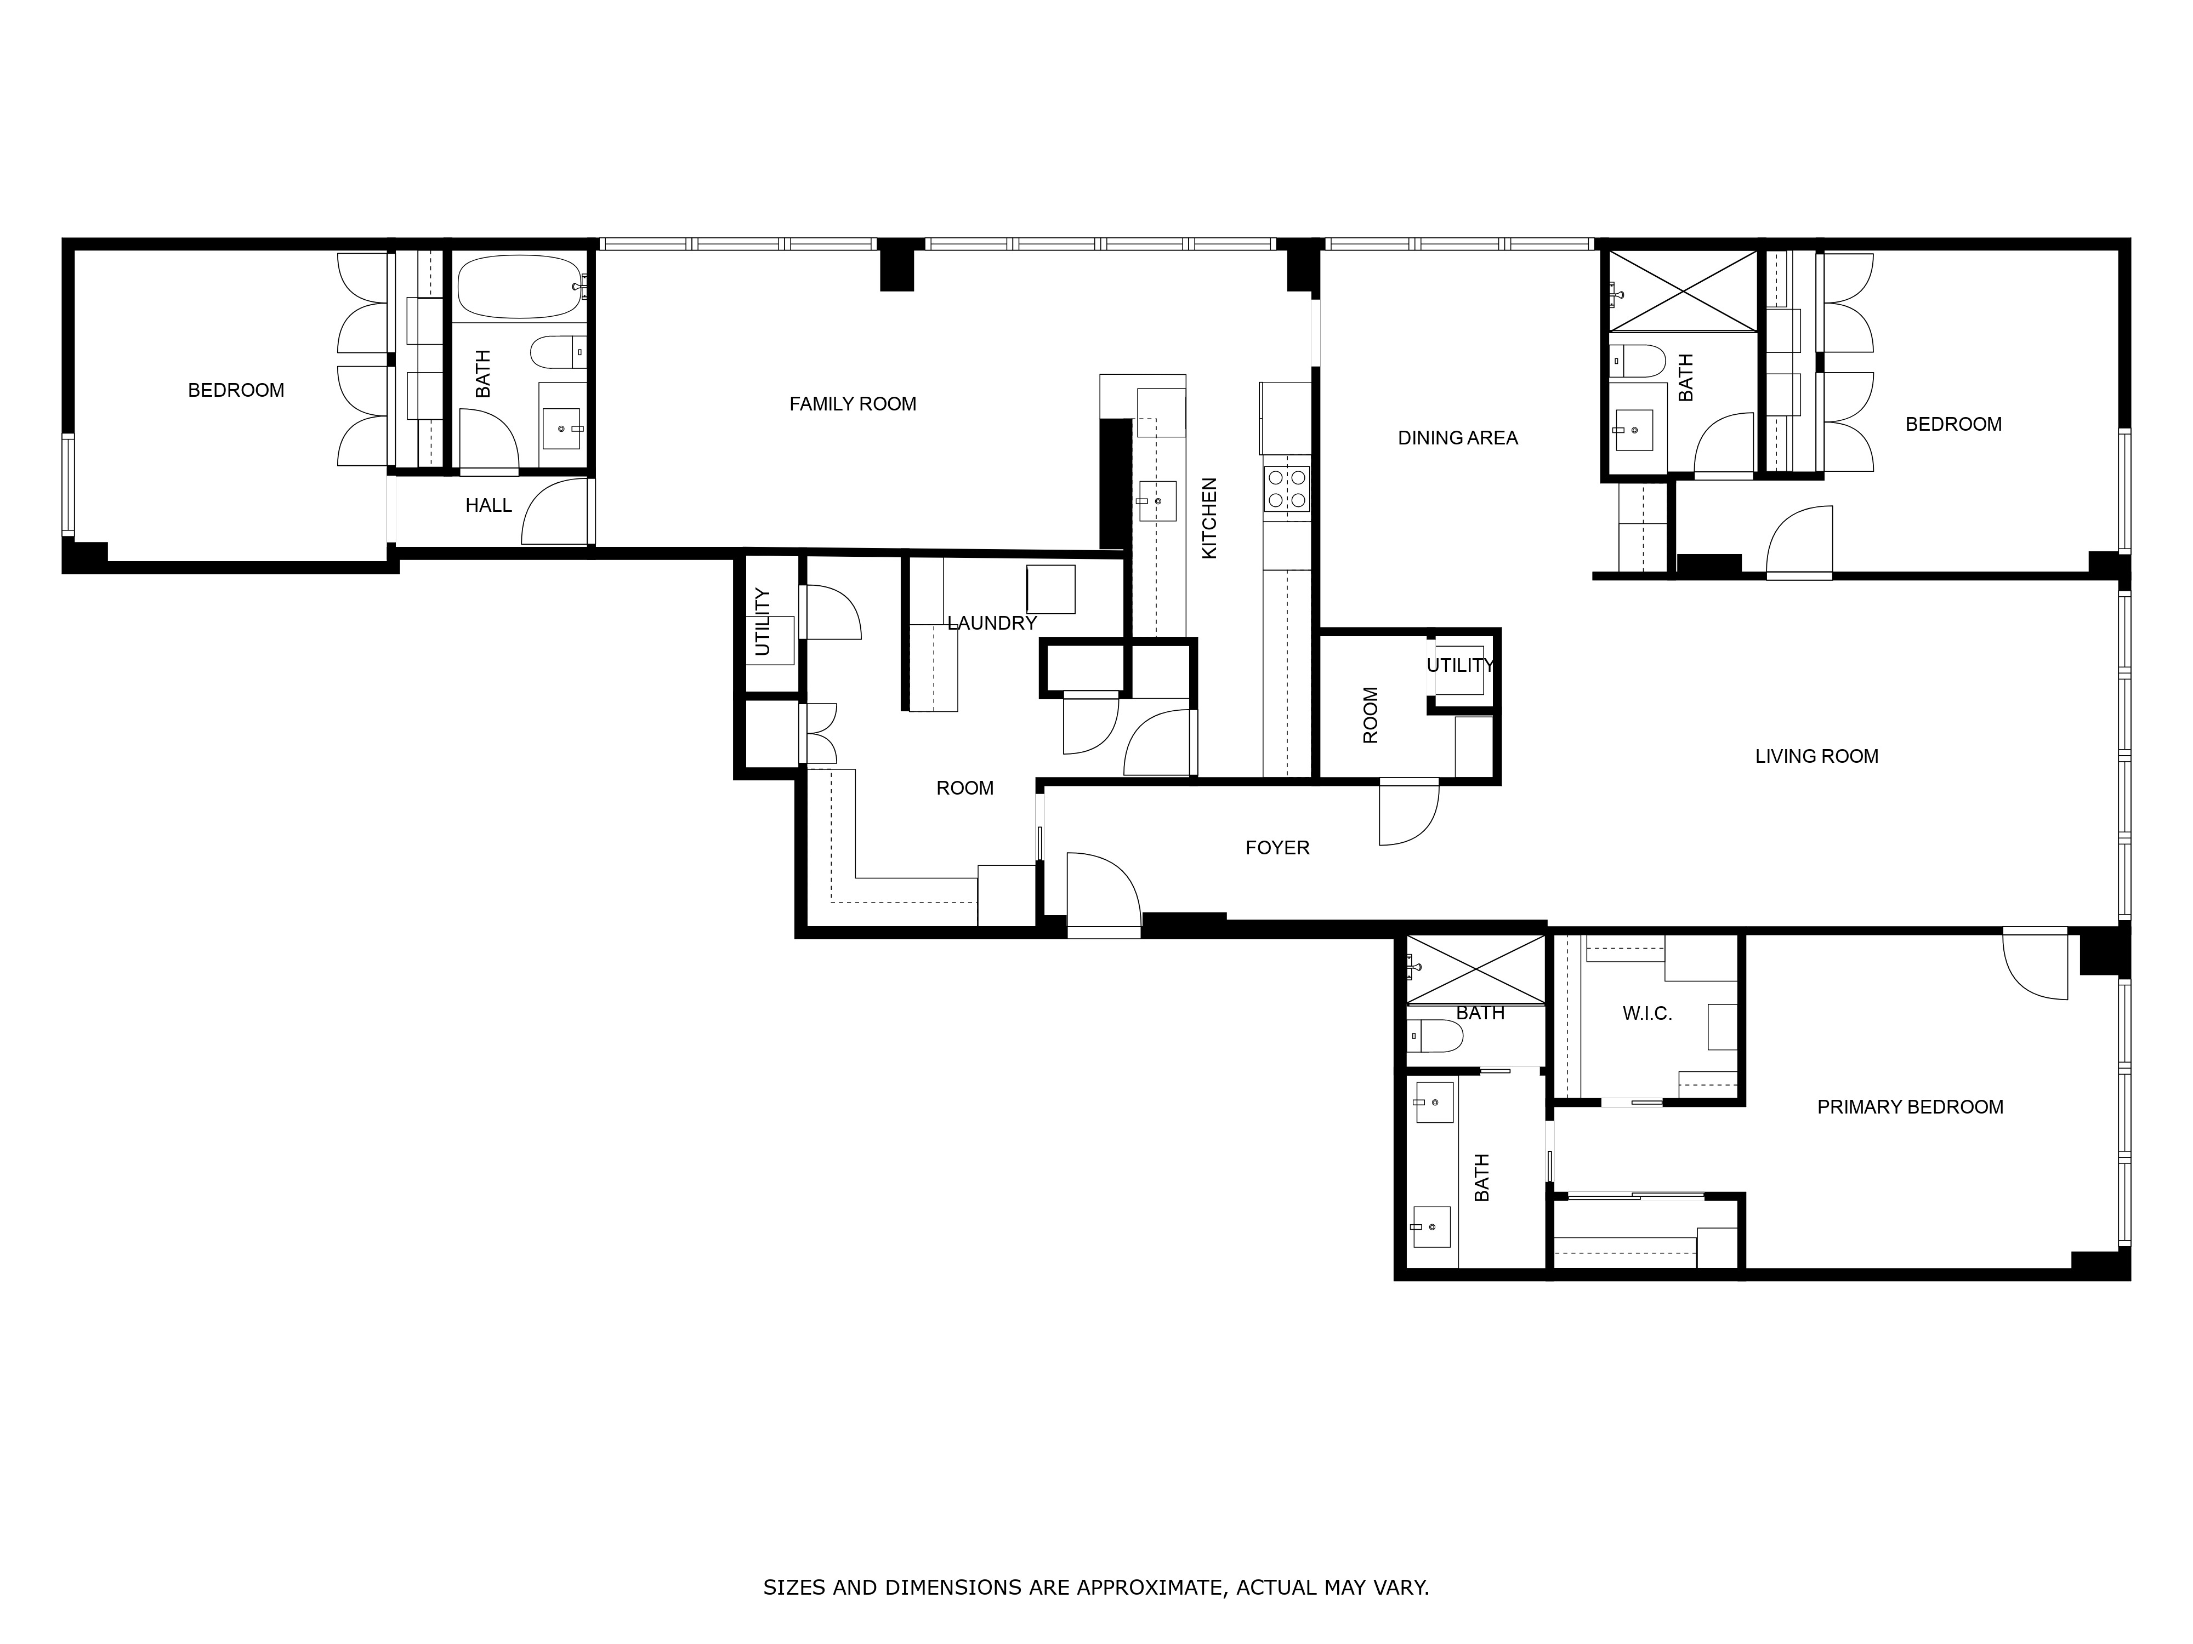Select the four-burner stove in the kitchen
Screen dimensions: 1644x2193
tap(1286, 489)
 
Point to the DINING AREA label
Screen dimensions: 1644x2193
tap(1457, 438)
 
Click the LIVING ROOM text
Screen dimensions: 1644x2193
tap(1816, 756)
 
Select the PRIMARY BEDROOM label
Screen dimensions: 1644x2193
tap(1910, 1107)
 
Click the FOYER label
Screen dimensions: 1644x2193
tap(1277, 847)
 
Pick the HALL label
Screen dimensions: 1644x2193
tap(489, 505)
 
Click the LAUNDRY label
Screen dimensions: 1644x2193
tap(991, 623)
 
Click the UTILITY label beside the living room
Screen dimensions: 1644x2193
tap(1459, 666)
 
